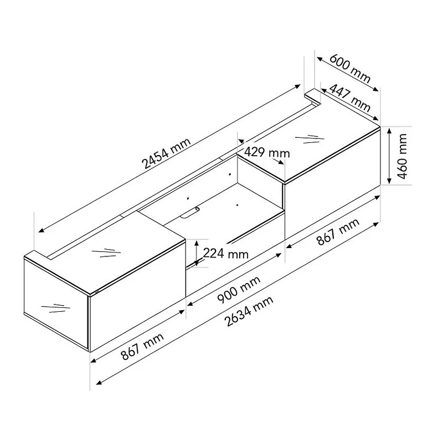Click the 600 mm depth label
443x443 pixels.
click(x=349, y=69)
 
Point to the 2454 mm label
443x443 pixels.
click(x=166, y=153)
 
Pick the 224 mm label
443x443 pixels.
click(x=226, y=254)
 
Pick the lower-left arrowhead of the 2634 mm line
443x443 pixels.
click(x=98, y=382)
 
